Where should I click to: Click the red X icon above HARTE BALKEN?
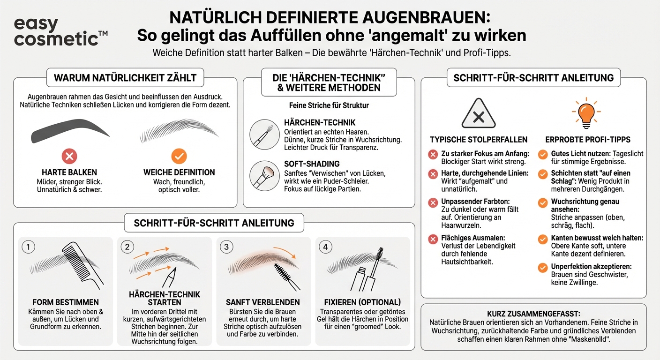(x=69, y=156)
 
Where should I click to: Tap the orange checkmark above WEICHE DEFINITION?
(x=179, y=156)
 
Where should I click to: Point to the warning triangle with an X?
(x=478, y=113)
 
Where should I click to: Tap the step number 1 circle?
(x=29, y=247)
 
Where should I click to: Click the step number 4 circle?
(x=326, y=247)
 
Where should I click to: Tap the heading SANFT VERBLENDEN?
(x=263, y=302)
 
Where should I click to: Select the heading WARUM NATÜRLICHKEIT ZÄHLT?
(x=125, y=78)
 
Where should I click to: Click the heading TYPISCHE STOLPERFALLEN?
(x=479, y=139)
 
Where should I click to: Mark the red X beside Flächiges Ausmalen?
(x=433, y=240)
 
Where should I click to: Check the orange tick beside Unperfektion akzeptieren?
(x=542, y=268)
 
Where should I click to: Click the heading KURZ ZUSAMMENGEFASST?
(x=533, y=314)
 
